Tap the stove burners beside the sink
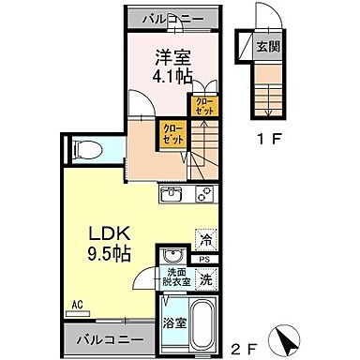pyautogui.click(x=202, y=195)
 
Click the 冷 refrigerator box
pyautogui.click(x=204, y=238)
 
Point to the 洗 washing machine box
pyautogui.click(x=204, y=278)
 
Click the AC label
pyautogui.click(x=77, y=304)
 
